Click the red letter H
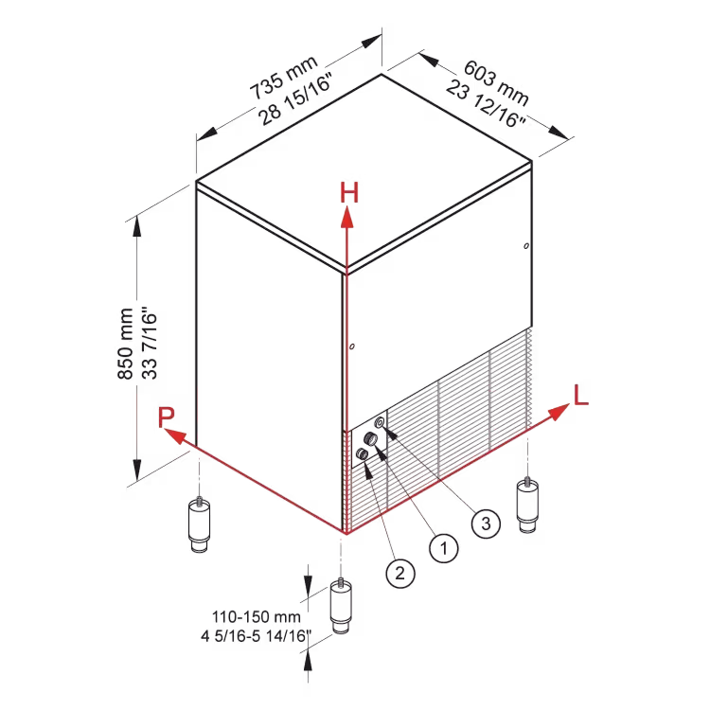coord(349,192)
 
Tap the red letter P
coord(167,417)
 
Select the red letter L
coord(580,395)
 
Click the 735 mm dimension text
coord(284,78)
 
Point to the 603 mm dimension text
coord(496,83)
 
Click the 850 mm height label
coord(125,344)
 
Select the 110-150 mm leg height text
coord(257,616)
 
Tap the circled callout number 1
coord(444,548)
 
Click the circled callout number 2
coord(400,574)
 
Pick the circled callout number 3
coord(486,524)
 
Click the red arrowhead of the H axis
coord(347,217)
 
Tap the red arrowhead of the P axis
coord(175,435)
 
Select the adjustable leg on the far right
coord(527,505)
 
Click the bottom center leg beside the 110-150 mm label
coord(341,606)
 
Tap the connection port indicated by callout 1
coord(371,438)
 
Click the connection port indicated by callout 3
coord(381,423)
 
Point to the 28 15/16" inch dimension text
coord(295,98)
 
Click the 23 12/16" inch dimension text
coord(486,104)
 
